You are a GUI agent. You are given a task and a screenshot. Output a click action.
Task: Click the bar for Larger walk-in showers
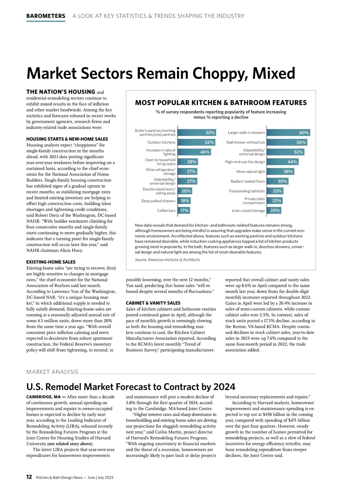[x=288, y=133]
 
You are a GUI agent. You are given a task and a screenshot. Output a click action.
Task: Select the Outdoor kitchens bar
[x=196, y=142]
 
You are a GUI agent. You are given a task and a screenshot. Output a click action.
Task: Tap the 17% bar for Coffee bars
[x=184, y=211]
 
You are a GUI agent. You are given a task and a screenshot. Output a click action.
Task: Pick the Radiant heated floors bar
[x=277, y=181]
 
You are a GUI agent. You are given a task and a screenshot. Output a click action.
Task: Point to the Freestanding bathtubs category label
[x=247, y=191]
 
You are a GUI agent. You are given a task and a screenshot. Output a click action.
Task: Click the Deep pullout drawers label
[x=158, y=201]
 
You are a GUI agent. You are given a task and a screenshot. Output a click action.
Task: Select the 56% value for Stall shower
[x=301, y=142]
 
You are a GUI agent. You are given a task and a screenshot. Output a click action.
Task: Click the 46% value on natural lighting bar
[x=205, y=152]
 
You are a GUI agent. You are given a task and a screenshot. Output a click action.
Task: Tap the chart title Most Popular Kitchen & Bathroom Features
[x=221, y=103]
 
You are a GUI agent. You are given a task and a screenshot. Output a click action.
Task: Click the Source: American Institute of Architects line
[x=167, y=260]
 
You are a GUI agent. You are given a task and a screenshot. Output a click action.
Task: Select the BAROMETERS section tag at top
[x=46, y=16]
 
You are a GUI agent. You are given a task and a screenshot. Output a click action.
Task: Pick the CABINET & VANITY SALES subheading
[x=153, y=303]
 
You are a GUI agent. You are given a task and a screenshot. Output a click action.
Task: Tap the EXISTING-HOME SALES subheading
[x=51, y=262]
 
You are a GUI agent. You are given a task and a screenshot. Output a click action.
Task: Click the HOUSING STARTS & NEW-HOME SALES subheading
[x=67, y=139]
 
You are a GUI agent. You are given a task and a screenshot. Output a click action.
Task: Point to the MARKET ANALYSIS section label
[x=52, y=372]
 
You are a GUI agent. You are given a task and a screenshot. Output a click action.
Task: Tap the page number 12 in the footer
[x=29, y=477]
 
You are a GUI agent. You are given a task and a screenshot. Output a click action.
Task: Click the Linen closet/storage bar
[x=274, y=211]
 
